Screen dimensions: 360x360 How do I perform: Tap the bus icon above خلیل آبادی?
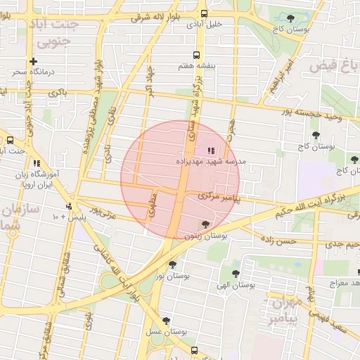tap(204, 13)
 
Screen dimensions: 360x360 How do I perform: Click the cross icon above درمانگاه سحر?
tap(32, 61)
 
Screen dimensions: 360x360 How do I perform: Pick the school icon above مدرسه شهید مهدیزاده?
tap(211, 150)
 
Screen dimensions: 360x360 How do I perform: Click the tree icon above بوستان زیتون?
tap(205, 225)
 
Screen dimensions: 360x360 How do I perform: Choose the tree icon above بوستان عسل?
tap(166, 321)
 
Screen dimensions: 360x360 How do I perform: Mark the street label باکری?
tap(58, 92)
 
